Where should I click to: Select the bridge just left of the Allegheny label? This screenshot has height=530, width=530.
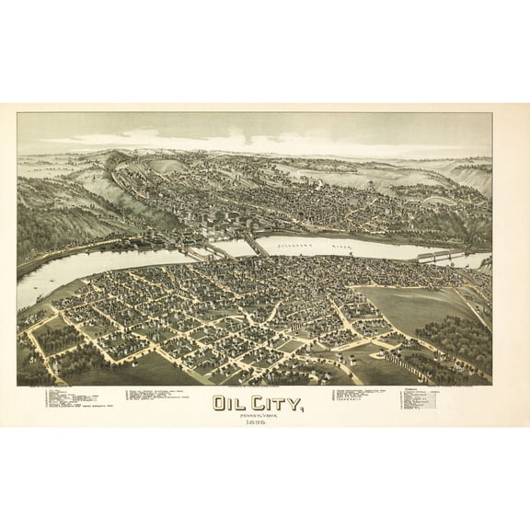coord(256,245)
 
